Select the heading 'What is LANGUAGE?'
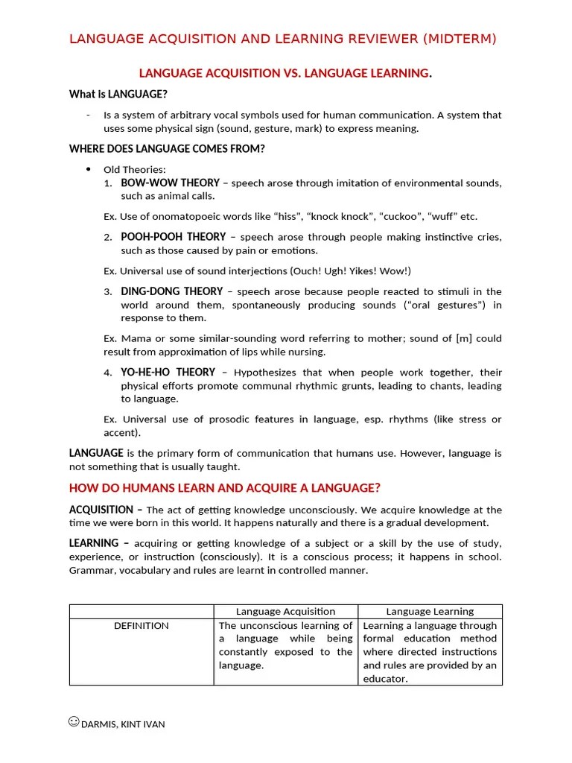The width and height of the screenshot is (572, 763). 118,94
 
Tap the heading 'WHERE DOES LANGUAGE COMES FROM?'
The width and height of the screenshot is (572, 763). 167,149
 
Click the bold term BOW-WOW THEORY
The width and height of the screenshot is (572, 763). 170,183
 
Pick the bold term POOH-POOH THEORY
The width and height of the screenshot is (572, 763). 173,237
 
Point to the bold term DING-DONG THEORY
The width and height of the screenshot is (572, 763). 171,291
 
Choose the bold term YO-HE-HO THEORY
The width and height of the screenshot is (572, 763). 168,372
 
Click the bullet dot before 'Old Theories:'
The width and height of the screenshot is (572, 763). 89,169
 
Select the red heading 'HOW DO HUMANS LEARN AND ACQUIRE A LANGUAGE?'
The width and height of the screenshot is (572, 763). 225,488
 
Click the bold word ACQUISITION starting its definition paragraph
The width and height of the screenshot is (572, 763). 101,510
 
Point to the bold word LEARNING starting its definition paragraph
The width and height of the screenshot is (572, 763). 94,543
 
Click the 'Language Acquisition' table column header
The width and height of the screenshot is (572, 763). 286,611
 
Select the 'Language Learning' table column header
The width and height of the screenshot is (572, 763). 430,611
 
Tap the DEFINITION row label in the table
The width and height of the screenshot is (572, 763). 142,626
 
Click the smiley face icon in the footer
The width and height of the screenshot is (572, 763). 74,721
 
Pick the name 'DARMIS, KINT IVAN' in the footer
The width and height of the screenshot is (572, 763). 123,724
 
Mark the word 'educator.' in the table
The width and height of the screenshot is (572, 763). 385,679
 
